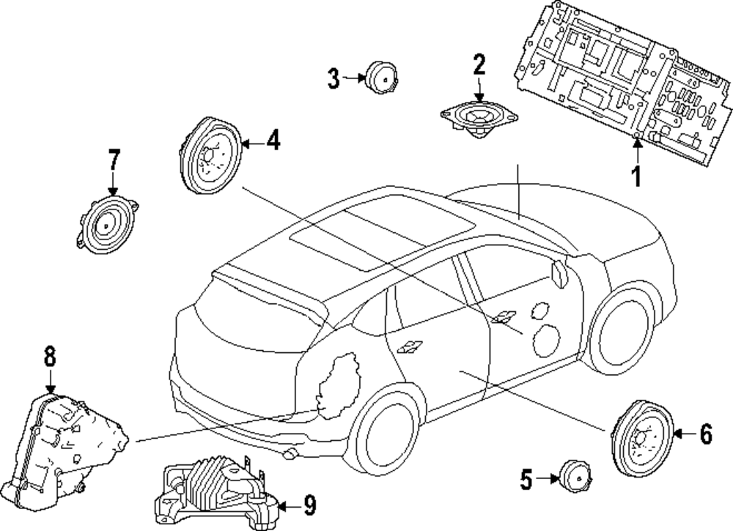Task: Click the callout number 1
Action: (x=636, y=176)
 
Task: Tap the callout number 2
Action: (x=479, y=66)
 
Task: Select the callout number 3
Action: (x=334, y=78)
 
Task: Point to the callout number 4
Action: (x=273, y=140)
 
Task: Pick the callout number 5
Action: (x=526, y=480)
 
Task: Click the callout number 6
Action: (x=705, y=434)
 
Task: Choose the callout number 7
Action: (x=113, y=159)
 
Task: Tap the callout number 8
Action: (x=49, y=357)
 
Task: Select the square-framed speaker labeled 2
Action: (x=480, y=117)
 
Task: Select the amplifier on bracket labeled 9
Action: (x=216, y=489)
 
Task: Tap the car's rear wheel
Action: (x=387, y=438)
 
